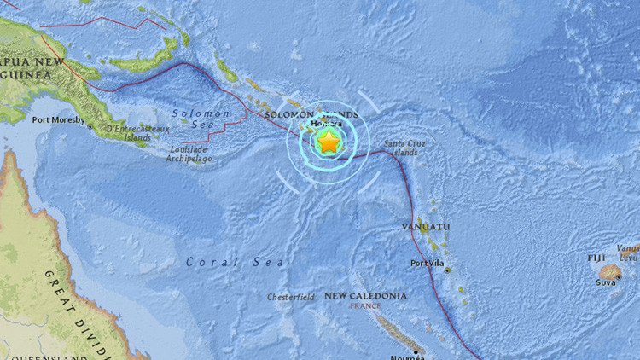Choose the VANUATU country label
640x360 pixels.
[426, 227]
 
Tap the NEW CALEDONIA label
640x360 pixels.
[365, 295]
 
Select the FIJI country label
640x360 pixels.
[596, 257]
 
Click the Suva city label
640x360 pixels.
[607, 281]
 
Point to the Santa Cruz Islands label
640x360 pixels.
[400, 148]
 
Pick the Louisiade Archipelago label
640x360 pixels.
[188, 153]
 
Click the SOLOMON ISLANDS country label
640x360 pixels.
[311, 114]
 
